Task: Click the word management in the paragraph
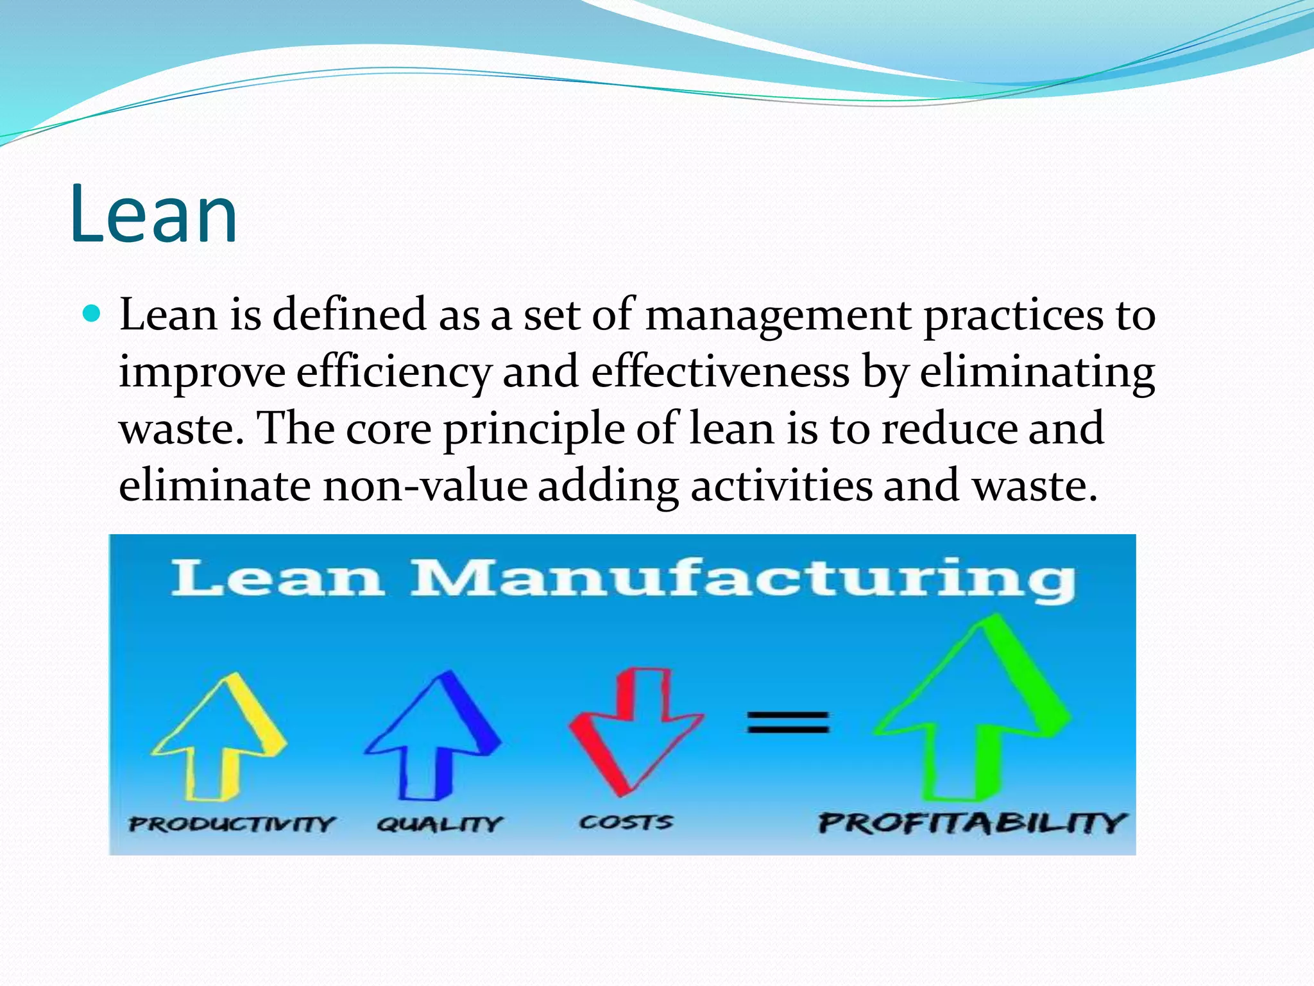778,316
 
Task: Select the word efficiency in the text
393,373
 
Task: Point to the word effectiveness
720,372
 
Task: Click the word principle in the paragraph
534,429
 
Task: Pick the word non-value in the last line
425,485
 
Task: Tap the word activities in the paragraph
781,485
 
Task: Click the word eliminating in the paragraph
1037,373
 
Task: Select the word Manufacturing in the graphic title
743,579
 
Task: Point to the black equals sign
788,722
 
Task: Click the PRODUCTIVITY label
232,824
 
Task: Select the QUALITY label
439,824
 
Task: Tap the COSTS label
626,822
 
